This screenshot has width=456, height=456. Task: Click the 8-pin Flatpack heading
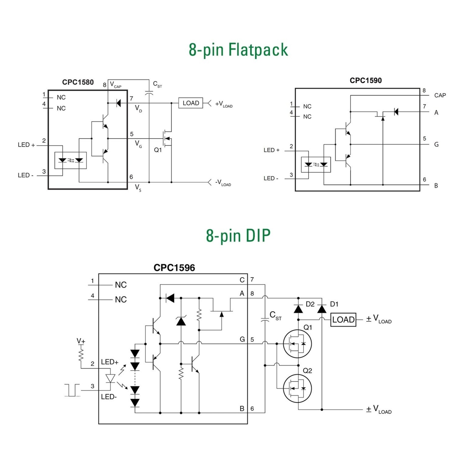click(238, 50)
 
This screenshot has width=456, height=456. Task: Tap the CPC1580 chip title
click(78, 82)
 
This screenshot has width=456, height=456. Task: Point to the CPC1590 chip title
click(366, 81)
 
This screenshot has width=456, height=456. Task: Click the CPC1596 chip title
click(174, 268)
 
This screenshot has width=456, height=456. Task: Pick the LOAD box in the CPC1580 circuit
click(191, 103)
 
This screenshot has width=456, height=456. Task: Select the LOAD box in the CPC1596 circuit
click(343, 320)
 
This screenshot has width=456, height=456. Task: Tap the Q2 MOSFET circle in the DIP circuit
click(297, 388)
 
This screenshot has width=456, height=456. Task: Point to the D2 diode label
click(310, 304)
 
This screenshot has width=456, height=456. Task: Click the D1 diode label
click(334, 304)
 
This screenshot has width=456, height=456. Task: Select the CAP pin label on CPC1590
click(440, 95)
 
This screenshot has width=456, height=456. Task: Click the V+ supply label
click(81, 341)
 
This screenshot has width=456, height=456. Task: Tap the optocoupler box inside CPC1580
click(71, 160)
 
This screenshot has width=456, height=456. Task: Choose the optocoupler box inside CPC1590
click(316, 165)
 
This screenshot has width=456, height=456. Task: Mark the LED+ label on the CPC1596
click(109, 362)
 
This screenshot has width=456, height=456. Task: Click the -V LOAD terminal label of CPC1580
click(223, 183)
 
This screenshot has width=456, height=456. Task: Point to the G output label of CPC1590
click(436, 145)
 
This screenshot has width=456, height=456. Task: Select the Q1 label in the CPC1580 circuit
click(158, 150)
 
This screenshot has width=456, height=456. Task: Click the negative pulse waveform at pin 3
click(72, 390)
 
